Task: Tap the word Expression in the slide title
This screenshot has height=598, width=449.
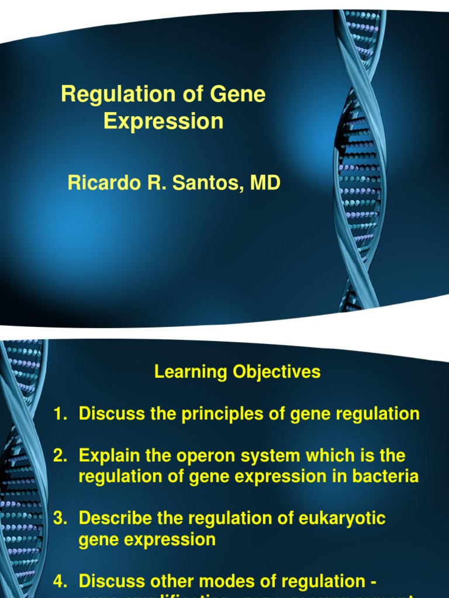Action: (163, 121)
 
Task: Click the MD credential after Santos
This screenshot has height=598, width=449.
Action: (265, 183)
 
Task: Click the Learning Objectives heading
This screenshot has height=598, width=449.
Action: (237, 372)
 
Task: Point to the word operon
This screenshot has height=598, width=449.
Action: (197, 456)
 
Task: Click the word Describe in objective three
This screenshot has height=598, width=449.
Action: (113, 519)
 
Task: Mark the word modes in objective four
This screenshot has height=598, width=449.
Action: (222, 582)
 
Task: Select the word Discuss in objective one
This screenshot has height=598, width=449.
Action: (109, 415)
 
